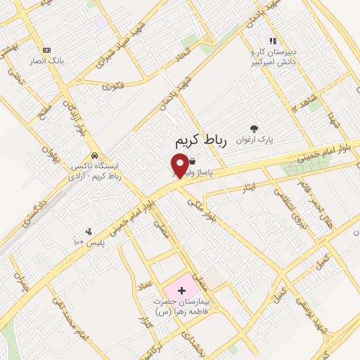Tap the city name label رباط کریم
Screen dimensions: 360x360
tap(202, 141)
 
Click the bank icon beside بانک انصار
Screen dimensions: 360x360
tap(46, 50)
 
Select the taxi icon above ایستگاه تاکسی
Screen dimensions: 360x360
tap(94, 156)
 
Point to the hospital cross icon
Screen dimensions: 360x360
tap(181, 290)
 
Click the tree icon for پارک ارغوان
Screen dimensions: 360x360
tap(254, 129)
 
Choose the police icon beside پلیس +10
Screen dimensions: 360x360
tap(89, 231)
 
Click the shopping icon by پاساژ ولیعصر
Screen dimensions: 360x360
tap(192, 161)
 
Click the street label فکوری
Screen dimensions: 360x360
tap(113, 87)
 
